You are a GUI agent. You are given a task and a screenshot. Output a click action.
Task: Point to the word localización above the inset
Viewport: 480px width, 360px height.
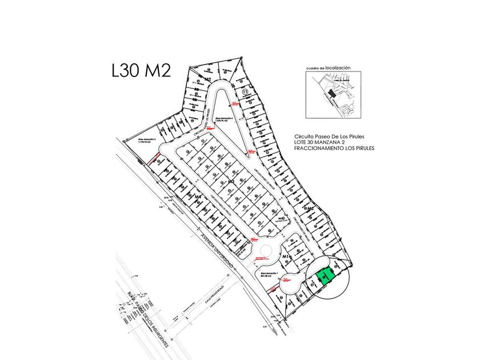338,67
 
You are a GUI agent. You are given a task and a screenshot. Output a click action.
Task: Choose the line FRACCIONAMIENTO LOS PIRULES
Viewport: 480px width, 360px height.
333,148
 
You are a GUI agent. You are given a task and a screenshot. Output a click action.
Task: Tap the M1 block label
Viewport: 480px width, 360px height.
287,258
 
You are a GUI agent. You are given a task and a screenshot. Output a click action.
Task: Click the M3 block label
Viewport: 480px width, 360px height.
231,181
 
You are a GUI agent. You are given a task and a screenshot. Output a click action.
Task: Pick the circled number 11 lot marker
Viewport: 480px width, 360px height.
245,92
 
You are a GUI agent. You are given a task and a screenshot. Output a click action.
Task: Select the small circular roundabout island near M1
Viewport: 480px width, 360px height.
265,251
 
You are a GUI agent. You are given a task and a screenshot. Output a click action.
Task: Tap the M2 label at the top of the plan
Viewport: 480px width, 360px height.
209,79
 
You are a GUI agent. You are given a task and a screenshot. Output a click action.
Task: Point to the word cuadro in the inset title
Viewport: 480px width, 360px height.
311,68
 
